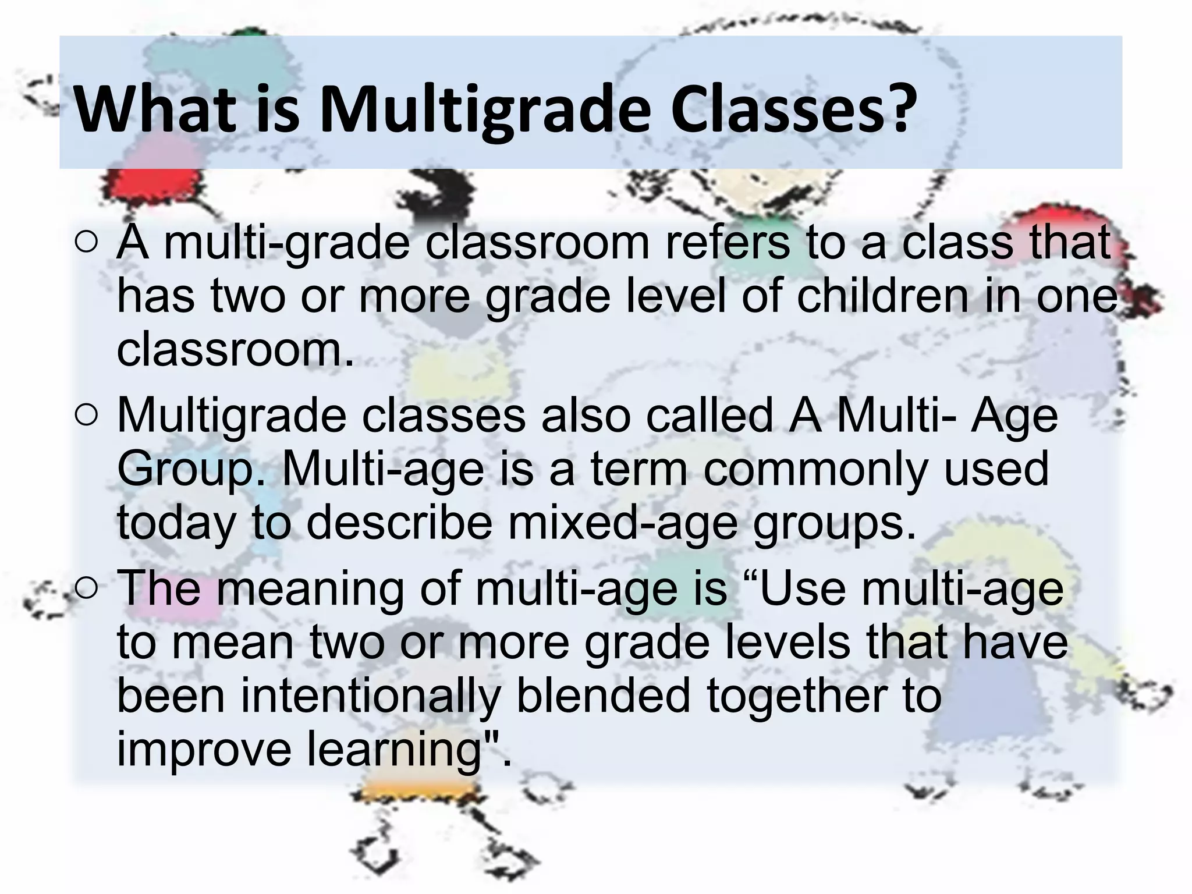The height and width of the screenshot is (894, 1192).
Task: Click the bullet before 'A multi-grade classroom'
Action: (86, 244)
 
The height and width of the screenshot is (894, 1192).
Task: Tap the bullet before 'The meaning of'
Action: (86, 589)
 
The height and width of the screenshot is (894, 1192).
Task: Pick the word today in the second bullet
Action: (177, 523)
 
